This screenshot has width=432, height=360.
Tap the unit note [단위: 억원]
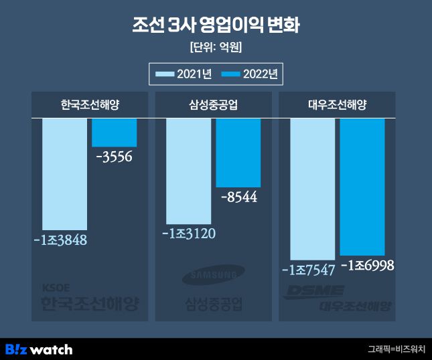coord(216,48)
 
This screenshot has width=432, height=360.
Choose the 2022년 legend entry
coord(249,74)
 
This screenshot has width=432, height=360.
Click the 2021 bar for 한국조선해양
coord(64,174)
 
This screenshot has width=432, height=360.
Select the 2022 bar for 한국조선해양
coord(114,132)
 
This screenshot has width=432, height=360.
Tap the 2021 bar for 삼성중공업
coord(188,171)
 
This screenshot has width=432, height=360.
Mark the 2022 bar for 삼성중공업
coord(238,153)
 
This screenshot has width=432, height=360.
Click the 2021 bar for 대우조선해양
coord(312,189)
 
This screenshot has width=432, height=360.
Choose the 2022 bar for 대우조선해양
coord(362,187)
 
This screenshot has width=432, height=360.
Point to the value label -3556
coord(115,158)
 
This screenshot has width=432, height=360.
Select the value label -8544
coord(238,197)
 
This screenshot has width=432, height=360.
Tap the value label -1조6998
coord(366,266)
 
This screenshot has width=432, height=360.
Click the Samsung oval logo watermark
coord(214,275)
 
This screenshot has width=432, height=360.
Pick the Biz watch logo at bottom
coord(39,349)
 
